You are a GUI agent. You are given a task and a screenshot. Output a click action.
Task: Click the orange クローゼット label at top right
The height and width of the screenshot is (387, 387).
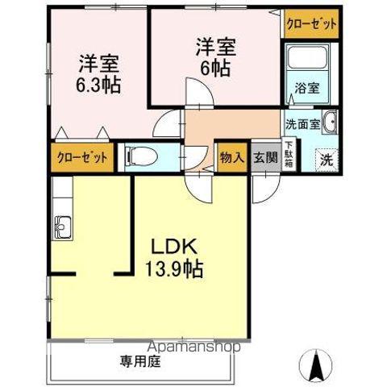[310, 25]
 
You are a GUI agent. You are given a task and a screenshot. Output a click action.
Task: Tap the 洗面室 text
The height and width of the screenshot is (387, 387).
[300, 125]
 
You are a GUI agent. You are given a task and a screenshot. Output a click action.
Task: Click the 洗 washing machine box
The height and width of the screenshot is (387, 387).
[326, 159]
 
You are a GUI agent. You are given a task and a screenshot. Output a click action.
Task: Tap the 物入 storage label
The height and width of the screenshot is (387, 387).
[231, 157]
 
